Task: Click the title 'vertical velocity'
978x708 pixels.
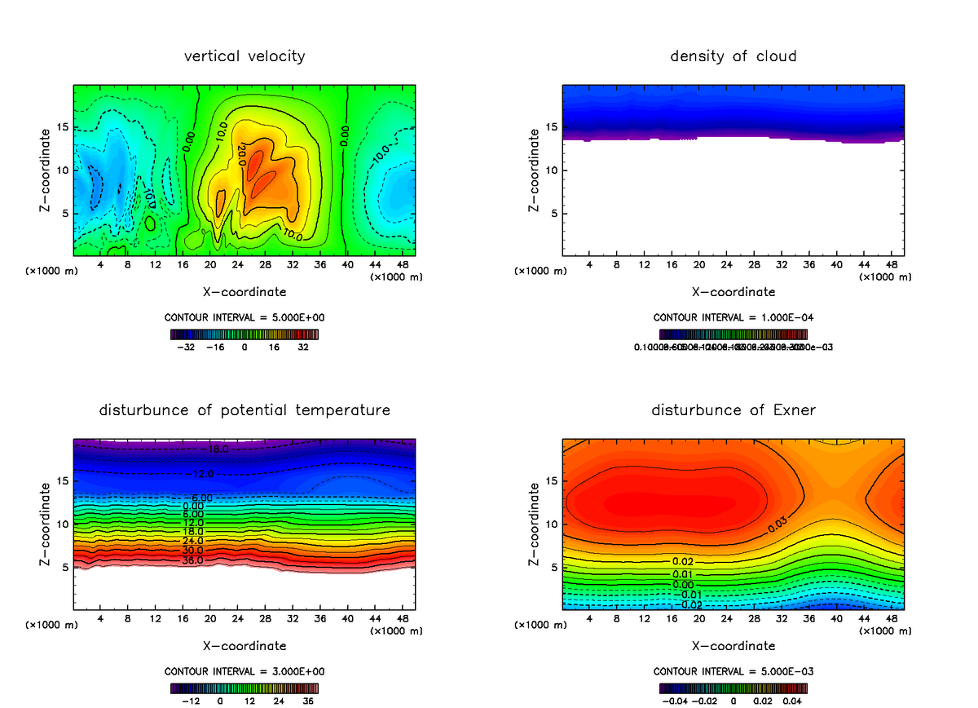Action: click(x=244, y=56)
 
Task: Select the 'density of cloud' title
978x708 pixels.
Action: click(x=733, y=56)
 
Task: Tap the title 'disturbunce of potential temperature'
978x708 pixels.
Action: click(x=244, y=409)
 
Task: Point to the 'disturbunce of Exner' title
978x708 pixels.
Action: click(x=733, y=409)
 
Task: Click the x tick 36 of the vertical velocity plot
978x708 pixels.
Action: click(x=319, y=265)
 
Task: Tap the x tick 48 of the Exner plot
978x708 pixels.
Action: click(x=892, y=618)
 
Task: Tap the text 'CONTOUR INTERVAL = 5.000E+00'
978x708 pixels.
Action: click(x=244, y=316)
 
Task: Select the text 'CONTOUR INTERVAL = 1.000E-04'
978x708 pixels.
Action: click(x=733, y=316)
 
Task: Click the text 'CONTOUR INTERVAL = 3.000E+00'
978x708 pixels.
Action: click(x=244, y=671)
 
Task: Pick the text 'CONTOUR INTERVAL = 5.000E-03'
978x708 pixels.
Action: click(x=733, y=671)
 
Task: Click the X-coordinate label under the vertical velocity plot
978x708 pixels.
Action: click(x=244, y=291)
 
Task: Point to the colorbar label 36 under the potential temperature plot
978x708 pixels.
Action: click(x=309, y=700)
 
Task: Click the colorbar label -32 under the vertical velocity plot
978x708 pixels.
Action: click(x=189, y=346)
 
